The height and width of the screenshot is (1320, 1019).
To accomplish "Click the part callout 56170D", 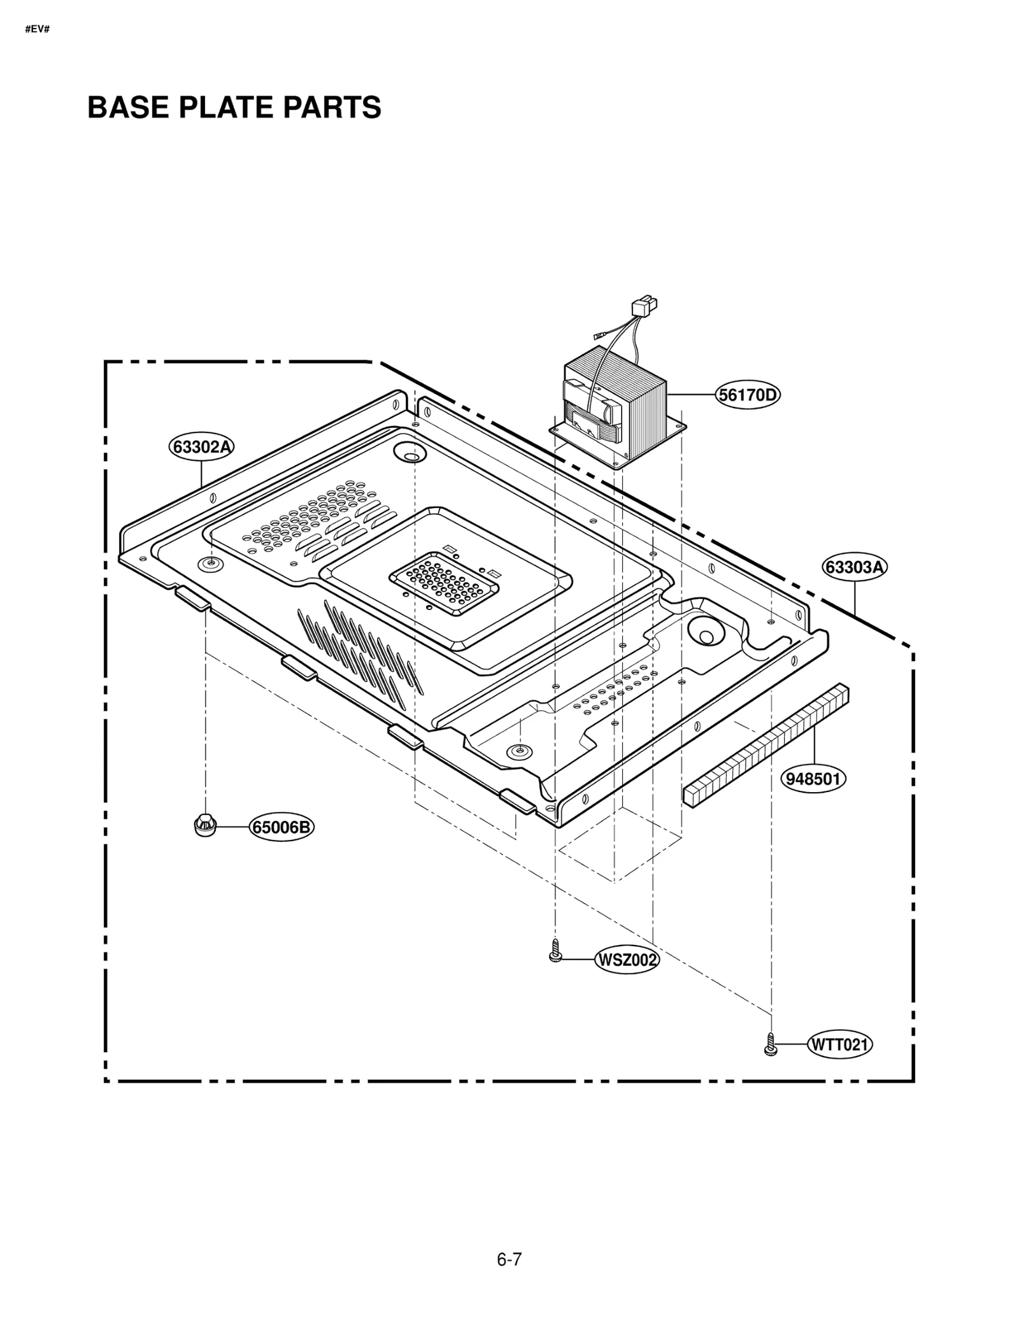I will point(748,395).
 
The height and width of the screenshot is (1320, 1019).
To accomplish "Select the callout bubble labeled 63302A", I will point(201,446).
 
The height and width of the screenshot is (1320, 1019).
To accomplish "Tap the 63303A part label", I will point(855,567).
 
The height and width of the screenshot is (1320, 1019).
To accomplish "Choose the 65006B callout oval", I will point(281,827).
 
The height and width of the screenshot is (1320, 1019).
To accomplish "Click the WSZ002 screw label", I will point(627,960).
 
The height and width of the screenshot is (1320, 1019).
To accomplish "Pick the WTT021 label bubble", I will point(840,1045).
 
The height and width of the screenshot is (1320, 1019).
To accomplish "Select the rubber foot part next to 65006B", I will point(204,825).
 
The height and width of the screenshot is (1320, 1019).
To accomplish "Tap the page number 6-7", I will point(509,1260).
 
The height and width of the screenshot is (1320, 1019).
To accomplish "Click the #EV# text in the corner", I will point(37,30).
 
